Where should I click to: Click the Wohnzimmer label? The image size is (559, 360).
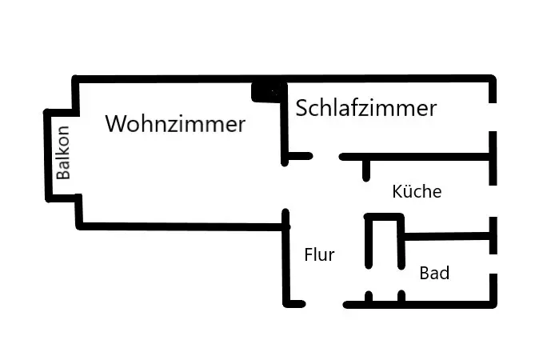pyautogui.click(x=175, y=124)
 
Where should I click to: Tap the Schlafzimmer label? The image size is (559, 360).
pyautogui.click(x=366, y=108)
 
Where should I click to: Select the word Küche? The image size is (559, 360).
pyautogui.click(x=417, y=192)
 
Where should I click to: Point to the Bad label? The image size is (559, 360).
pyautogui.click(x=434, y=274)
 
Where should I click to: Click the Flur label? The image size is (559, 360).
pyautogui.click(x=319, y=255)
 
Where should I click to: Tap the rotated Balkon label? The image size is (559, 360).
pyautogui.click(x=64, y=153)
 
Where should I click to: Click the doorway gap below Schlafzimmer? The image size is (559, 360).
pyautogui.click(x=325, y=156)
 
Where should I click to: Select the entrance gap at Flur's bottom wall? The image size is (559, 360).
pyautogui.click(x=325, y=304)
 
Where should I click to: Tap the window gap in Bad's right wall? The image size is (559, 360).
pyautogui.click(x=493, y=261)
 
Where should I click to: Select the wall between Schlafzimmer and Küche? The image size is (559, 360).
pyautogui.click(x=416, y=157)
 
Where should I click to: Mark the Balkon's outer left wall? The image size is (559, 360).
pyautogui.click(x=46, y=154)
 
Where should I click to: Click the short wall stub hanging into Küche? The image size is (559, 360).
pyautogui.click(x=366, y=170)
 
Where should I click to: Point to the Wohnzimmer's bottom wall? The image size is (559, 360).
pyautogui.click(x=180, y=226)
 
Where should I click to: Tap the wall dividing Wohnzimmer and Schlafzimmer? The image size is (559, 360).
pyautogui.click(x=284, y=128)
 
